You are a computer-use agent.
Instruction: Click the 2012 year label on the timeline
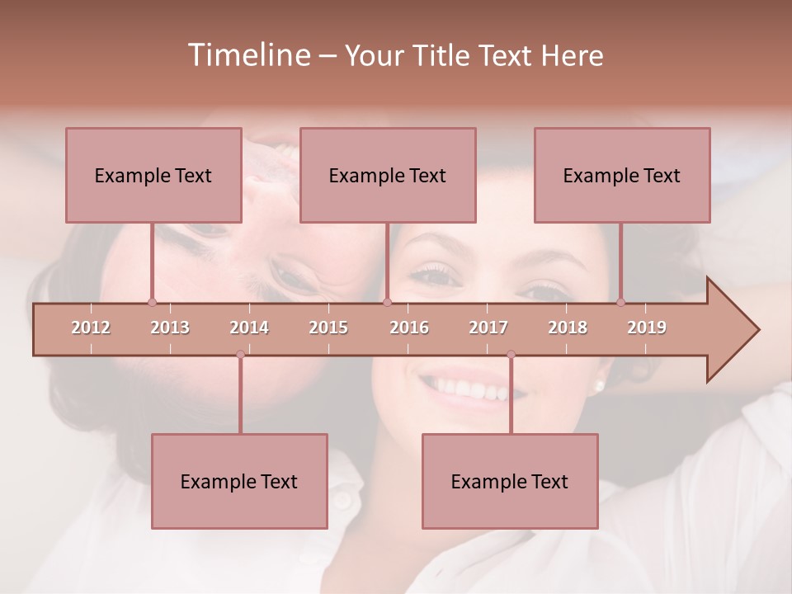[91, 328]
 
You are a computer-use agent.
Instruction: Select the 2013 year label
[170, 328]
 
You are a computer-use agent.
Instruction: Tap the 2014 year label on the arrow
[249, 328]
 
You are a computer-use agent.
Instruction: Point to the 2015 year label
[328, 328]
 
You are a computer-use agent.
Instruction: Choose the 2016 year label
[409, 328]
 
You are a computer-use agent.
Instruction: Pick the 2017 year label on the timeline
[488, 328]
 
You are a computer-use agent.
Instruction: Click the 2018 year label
[568, 328]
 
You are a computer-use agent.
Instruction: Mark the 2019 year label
[647, 328]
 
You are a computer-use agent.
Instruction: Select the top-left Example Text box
[153, 175]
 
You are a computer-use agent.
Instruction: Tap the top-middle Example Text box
[388, 175]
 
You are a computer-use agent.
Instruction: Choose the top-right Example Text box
[622, 175]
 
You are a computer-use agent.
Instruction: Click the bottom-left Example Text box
[239, 481]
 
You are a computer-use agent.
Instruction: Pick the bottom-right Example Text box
[510, 481]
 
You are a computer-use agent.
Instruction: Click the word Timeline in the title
[247, 55]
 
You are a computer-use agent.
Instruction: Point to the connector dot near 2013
[152, 302]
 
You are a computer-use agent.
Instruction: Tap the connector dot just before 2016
[387, 302]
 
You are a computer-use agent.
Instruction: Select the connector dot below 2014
[240, 354]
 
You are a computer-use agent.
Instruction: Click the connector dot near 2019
[621, 302]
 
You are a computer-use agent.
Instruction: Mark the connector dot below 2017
[511, 354]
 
